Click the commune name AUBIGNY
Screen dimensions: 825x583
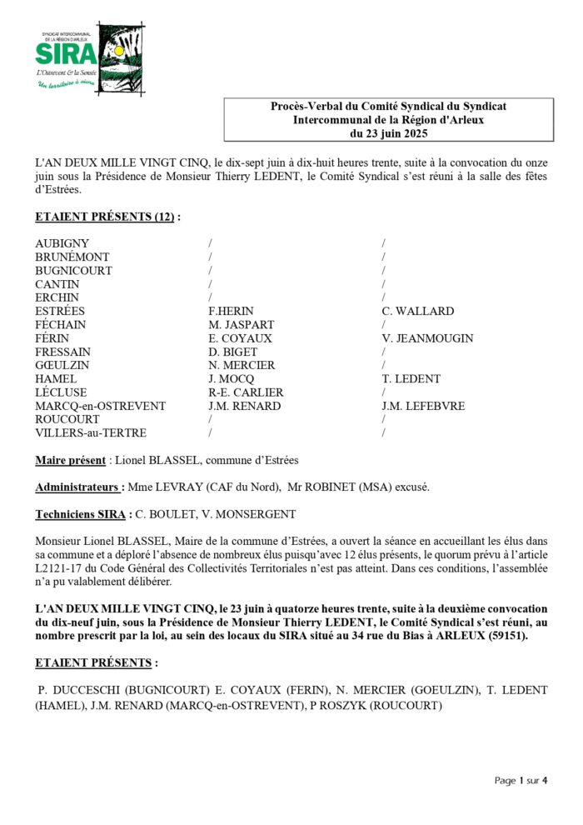(62, 243)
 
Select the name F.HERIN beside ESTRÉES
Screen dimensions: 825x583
(231, 311)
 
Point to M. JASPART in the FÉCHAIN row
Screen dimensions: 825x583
(241, 325)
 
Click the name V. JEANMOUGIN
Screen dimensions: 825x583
(427, 338)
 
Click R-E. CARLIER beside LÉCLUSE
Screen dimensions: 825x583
(246, 392)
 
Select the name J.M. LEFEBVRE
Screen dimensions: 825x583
(423, 406)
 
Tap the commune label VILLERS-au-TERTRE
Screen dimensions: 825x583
(91, 433)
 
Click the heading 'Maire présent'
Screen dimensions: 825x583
(70, 460)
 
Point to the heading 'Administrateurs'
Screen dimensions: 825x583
(79, 487)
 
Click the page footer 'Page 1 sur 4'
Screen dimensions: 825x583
(521, 781)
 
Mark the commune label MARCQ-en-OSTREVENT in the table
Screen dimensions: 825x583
(100, 406)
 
